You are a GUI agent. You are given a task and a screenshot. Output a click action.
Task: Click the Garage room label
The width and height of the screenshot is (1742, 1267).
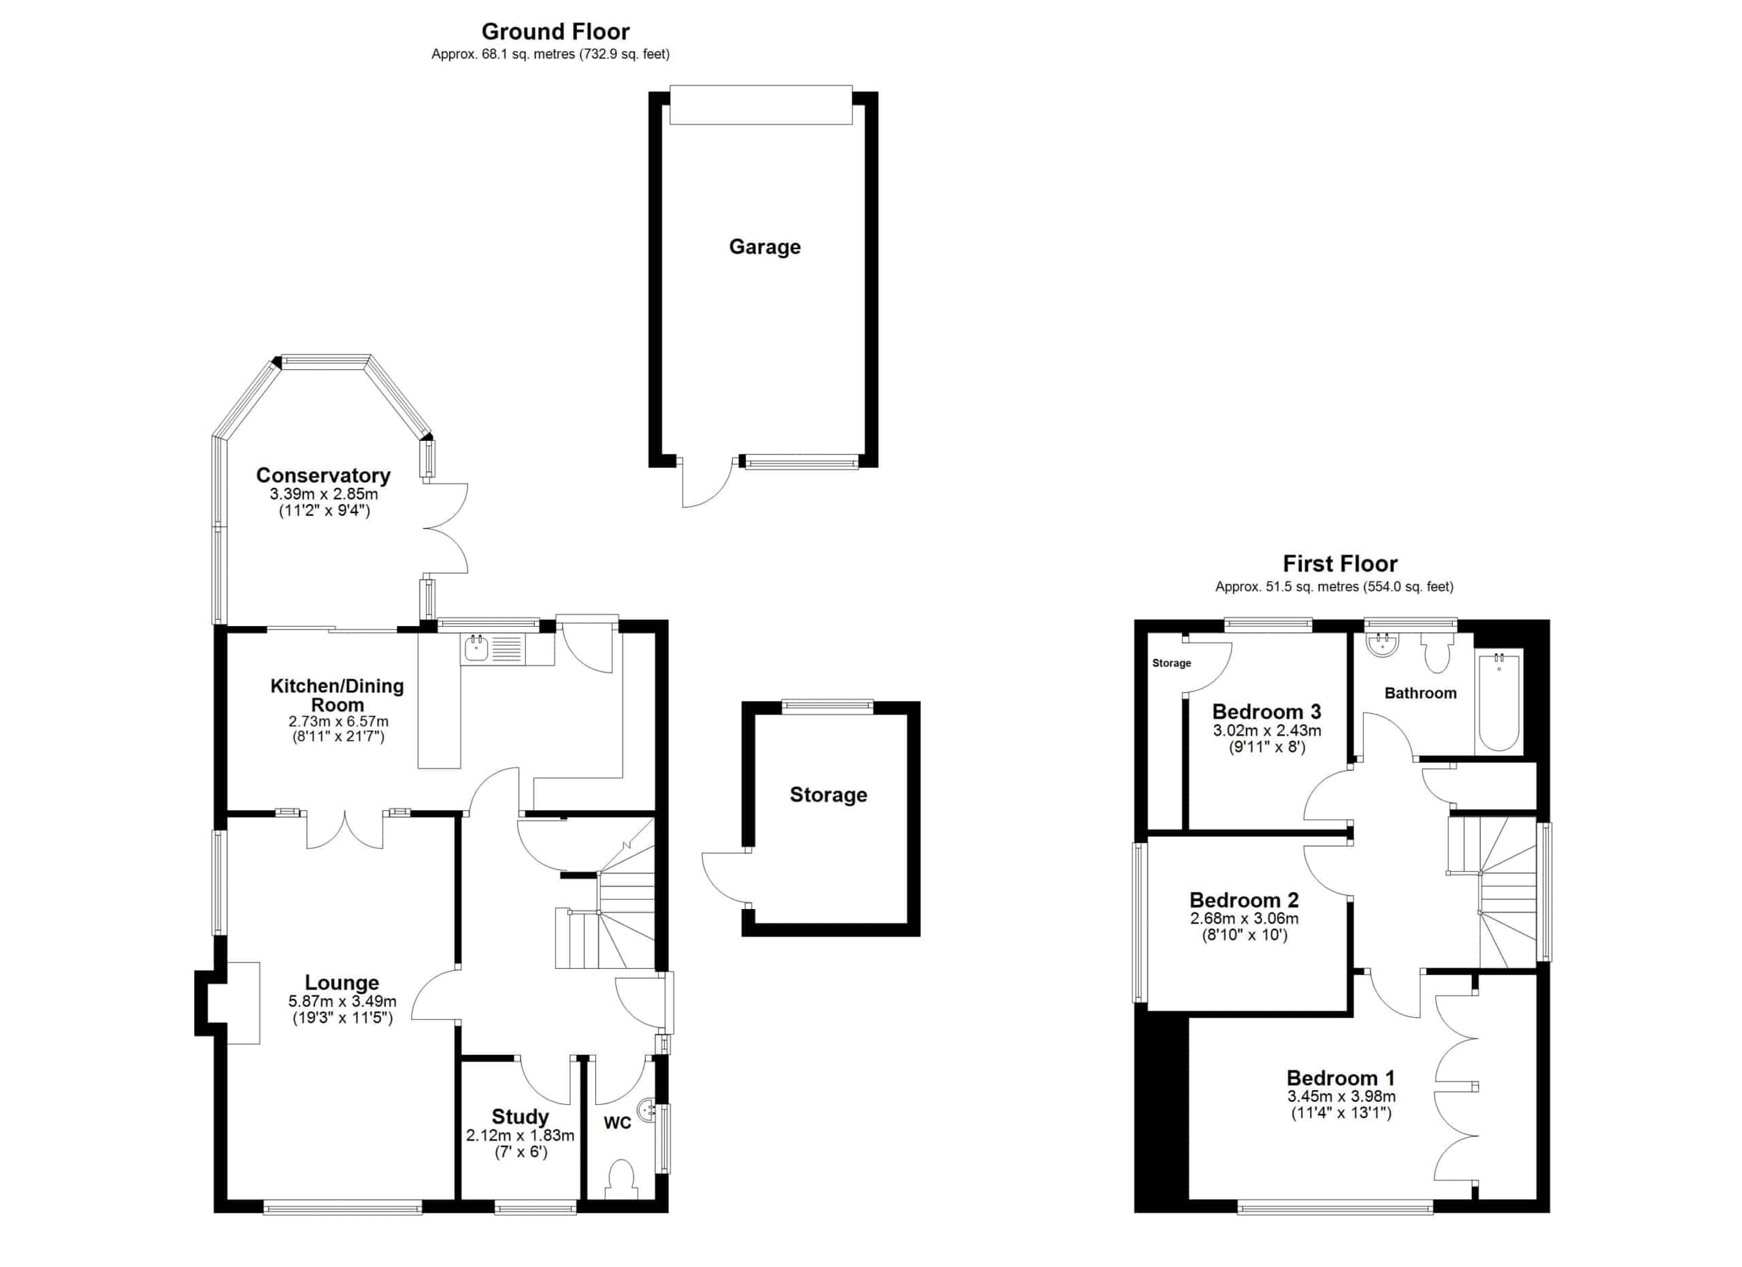pos(764,247)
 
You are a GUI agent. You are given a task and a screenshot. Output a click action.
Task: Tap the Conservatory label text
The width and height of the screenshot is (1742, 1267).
pos(323,476)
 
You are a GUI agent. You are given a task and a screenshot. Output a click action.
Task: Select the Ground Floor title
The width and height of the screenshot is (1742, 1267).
pos(555,31)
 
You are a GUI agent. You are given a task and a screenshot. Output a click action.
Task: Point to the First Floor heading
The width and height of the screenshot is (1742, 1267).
pos(1340,563)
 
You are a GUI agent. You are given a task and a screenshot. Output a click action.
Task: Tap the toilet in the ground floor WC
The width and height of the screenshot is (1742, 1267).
pos(621,1179)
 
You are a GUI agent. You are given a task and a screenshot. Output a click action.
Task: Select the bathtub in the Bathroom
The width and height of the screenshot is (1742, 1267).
pos(1498,701)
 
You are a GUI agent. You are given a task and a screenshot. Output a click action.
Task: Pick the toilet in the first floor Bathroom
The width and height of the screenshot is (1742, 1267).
pos(1436,653)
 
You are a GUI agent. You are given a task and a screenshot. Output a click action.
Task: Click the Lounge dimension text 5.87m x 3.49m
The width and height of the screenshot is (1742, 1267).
pos(342,1002)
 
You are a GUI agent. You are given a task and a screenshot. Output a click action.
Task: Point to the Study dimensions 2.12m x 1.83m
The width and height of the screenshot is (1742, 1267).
pos(520,1135)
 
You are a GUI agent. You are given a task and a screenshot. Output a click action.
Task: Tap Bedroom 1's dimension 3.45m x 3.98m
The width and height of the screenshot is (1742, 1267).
pos(1341,1096)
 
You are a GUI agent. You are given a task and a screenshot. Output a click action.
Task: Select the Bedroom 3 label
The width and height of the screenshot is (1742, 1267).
pos(1266,712)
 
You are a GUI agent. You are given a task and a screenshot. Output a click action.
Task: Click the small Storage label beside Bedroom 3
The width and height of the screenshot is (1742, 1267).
pos(1171,663)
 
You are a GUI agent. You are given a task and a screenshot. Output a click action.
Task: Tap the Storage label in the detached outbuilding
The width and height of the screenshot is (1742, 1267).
pos(828,795)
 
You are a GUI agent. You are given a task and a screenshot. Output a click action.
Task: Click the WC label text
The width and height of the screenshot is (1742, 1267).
pos(618,1123)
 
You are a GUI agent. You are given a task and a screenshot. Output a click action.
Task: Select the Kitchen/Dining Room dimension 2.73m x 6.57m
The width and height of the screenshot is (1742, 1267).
pos(338,722)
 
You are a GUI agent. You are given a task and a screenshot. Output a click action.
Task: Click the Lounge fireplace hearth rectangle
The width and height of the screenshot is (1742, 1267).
pos(243,1003)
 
